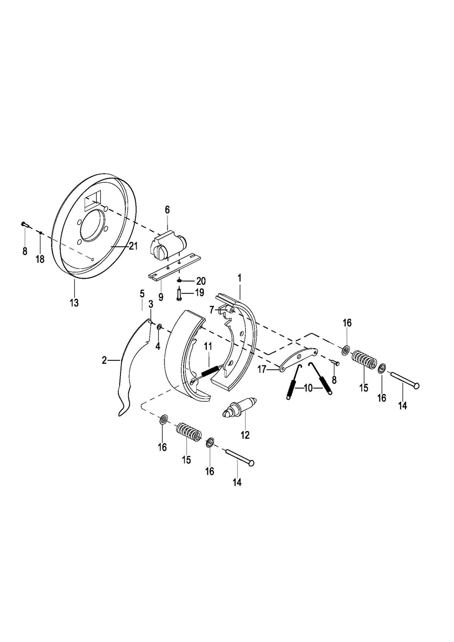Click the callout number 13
click(74, 303)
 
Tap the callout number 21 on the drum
click(133, 246)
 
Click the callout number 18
click(40, 259)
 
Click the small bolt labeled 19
click(180, 294)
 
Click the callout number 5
click(142, 293)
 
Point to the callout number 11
click(207, 346)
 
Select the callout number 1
click(240, 278)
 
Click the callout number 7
click(212, 309)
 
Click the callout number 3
click(151, 304)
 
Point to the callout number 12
click(245, 435)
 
